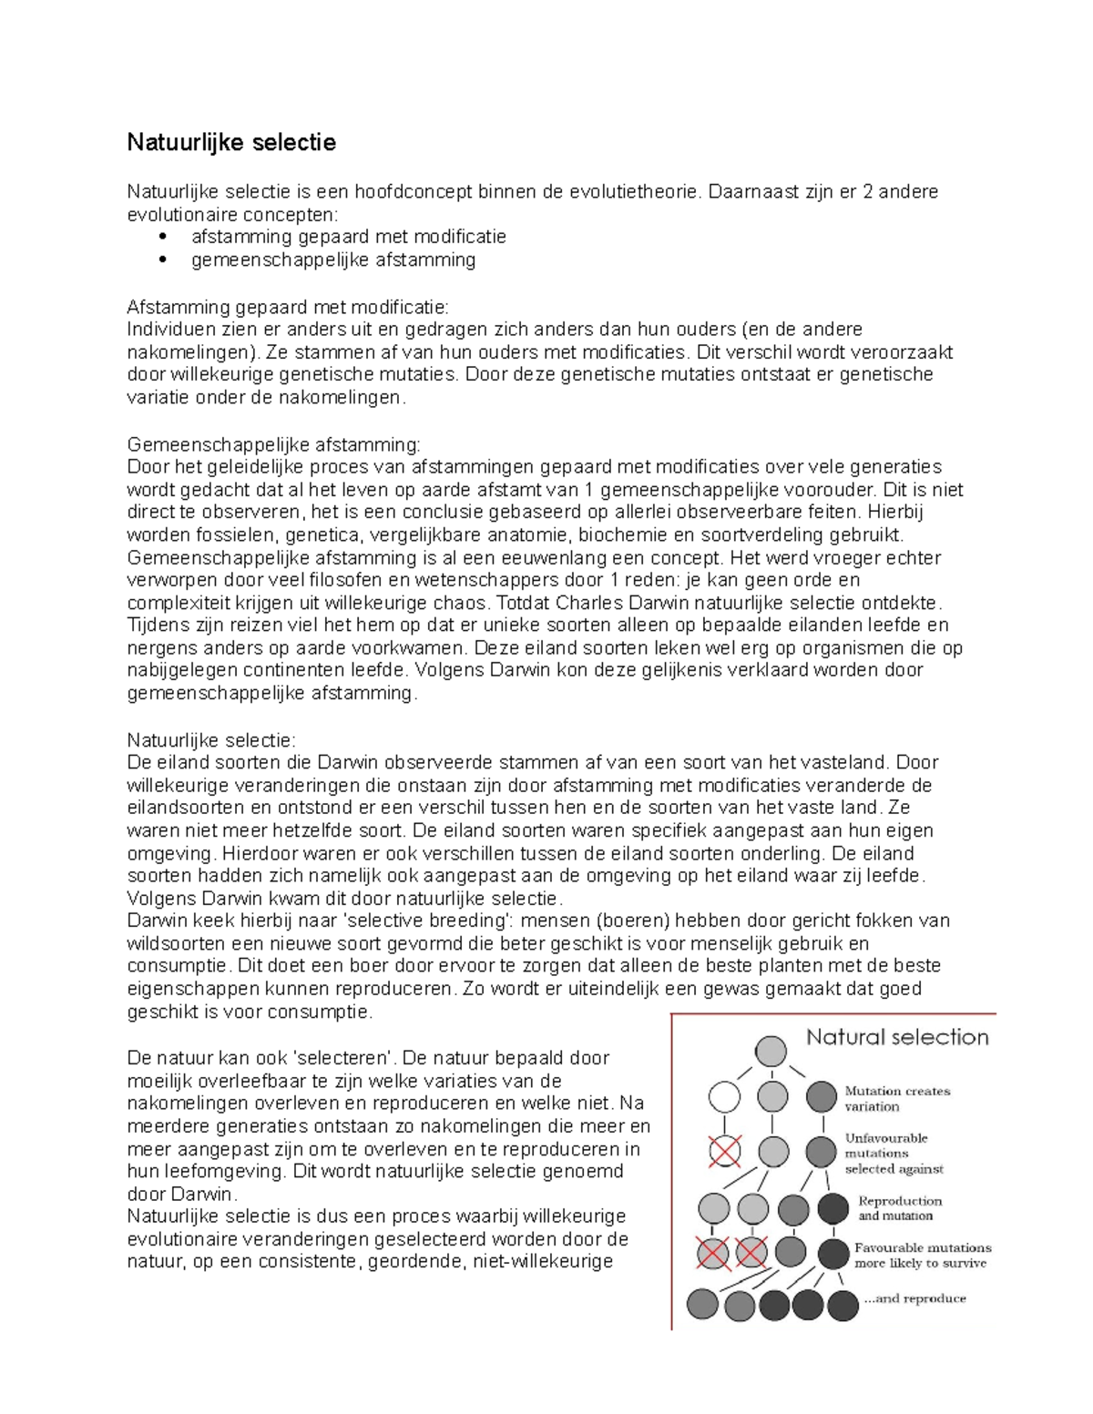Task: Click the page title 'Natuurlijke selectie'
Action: (231, 142)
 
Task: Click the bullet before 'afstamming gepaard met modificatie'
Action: (163, 237)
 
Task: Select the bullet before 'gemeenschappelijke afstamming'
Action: (163, 259)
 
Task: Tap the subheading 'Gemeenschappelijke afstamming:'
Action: (273, 444)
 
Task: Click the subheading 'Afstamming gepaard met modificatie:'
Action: (287, 307)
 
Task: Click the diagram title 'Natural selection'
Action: (897, 1037)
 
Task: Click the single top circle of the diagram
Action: (771, 1052)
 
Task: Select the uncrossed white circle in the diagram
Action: (725, 1097)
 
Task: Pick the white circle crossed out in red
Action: (725, 1152)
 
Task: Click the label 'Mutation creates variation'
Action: (896, 1099)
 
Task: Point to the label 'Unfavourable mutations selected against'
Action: (894, 1154)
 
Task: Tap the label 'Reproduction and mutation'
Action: (899, 1208)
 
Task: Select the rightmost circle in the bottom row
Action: (843, 1306)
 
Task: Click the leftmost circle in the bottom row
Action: (703, 1305)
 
